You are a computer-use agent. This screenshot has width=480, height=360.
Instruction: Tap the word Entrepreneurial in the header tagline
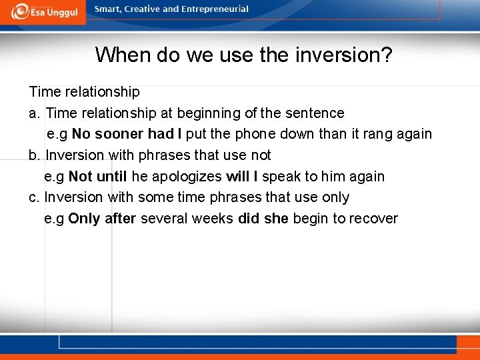pos(212,9)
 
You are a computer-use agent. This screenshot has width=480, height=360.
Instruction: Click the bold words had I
pos(165,134)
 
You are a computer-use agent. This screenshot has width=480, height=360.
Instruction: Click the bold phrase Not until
pos(98,177)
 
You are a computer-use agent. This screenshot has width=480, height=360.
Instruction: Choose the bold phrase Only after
pos(102,219)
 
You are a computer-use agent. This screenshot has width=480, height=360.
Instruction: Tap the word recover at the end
pos(373,219)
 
